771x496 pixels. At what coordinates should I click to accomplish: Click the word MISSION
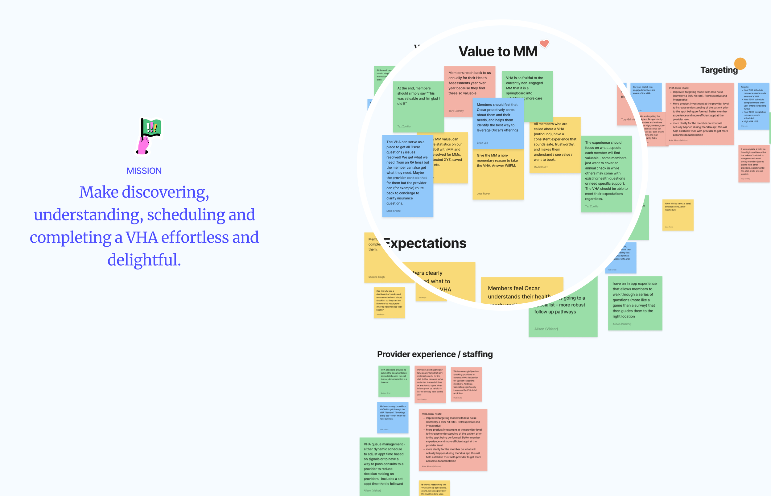pos(144,171)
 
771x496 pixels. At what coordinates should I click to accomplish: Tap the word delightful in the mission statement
pos(144,260)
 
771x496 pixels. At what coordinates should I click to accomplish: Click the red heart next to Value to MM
pos(544,43)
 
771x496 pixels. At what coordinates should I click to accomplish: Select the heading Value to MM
pos(498,51)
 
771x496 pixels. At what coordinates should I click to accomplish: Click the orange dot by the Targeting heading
pos(740,64)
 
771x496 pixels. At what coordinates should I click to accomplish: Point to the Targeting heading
pos(719,70)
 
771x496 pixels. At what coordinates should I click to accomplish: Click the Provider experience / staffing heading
pos(435,354)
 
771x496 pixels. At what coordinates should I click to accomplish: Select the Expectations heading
pos(425,243)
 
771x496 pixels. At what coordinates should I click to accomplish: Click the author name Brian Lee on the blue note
pos(482,143)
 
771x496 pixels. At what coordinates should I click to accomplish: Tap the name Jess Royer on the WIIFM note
pos(483,194)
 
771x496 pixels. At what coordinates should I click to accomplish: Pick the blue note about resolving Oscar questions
pos(407,176)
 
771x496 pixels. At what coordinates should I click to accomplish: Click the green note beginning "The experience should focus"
pos(606,174)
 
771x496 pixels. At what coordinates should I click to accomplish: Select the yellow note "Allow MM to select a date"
pos(678,215)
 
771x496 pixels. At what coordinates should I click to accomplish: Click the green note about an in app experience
pos(635,303)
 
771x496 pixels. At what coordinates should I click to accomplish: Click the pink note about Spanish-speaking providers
pos(466,384)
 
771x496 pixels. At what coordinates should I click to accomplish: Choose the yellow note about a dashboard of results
pos(389,302)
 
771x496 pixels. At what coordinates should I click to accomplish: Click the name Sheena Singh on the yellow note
pos(376,277)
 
